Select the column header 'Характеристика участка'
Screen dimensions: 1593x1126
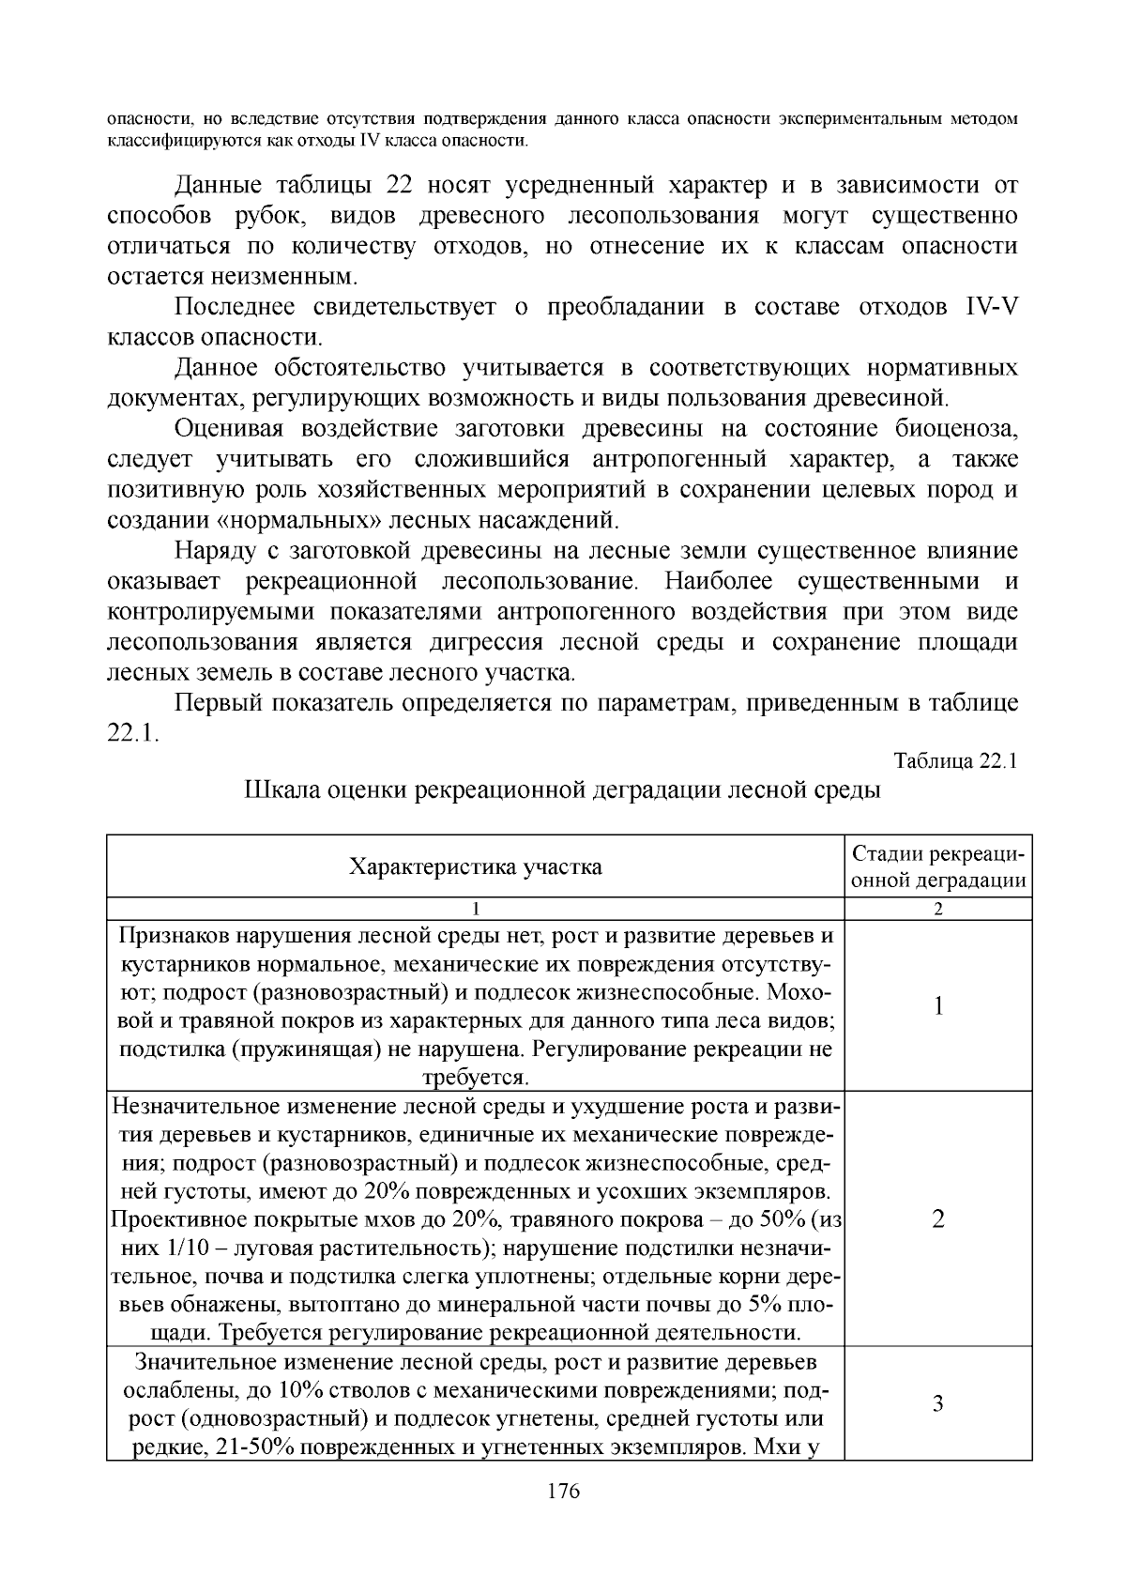(x=475, y=865)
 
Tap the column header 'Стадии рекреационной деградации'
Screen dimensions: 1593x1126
(x=937, y=866)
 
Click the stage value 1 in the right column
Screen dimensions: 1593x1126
(x=937, y=1005)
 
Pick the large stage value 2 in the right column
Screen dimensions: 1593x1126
(x=937, y=1219)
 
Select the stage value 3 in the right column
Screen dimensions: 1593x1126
(x=937, y=1404)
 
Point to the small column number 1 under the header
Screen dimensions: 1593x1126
(x=476, y=909)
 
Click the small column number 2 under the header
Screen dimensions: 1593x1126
(x=937, y=909)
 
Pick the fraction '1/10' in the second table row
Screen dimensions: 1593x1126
(x=184, y=1248)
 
